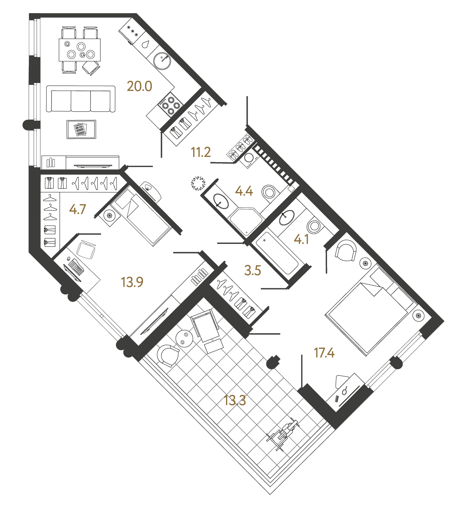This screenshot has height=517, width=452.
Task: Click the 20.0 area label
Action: point(139,86)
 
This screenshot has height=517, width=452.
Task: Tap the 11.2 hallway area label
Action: point(201,152)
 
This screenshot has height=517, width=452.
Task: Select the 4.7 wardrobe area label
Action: point(77,209)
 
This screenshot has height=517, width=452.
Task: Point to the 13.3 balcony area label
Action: point(235,400)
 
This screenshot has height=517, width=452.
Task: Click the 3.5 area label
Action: point(253,270)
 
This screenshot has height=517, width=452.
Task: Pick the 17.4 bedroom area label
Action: point(324,353)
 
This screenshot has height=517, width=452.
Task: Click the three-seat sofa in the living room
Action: point(81,99)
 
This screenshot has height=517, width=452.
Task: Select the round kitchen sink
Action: point(162,61)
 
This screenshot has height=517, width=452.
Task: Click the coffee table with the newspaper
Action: point(81,129)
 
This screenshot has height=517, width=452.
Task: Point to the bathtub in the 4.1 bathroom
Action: point(277,253)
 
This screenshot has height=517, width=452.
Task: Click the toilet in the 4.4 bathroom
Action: point(269,192)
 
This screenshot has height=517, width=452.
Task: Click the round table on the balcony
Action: point(184,338)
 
